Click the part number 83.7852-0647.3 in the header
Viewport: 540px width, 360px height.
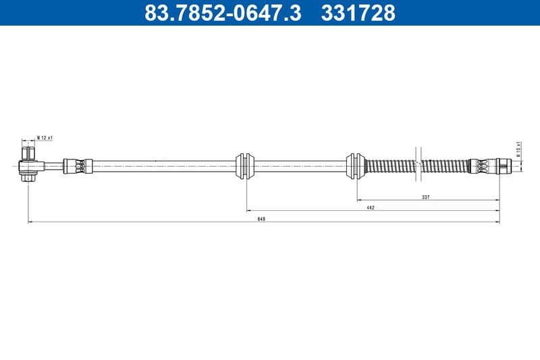223,12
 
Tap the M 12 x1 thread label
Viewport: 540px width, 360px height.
45,138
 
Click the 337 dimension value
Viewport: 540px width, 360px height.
426,197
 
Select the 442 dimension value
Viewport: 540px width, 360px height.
371,208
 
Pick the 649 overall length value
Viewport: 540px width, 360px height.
261,219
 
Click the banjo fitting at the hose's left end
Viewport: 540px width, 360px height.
30,165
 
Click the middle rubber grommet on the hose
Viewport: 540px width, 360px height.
246,165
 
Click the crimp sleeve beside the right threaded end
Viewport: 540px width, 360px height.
481,165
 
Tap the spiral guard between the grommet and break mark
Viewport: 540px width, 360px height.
388,165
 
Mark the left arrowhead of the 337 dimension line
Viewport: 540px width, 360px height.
358,201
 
